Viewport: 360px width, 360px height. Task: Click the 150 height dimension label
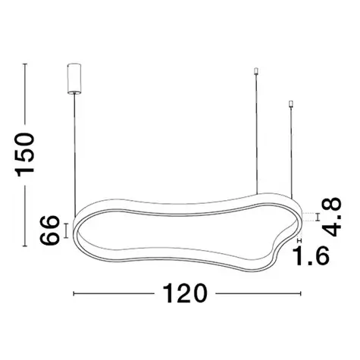(24, 154)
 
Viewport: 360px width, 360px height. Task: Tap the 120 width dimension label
(185, 293)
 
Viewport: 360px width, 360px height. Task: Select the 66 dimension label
(49, 230)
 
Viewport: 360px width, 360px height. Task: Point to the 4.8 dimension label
(332, 217)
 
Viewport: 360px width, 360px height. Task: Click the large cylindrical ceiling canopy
(74, 79)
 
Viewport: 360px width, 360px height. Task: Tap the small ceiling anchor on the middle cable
(257, 71)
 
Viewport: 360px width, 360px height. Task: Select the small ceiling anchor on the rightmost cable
(292, 104)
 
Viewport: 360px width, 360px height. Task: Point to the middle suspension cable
(257, 134)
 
